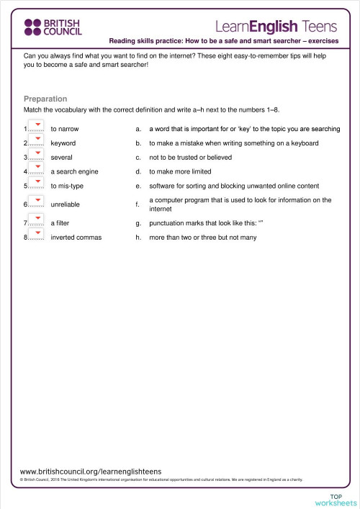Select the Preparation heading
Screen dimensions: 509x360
tap(45, 99)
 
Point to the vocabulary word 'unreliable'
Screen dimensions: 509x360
tap(66, 204)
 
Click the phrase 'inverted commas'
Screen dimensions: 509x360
tap(76, 238)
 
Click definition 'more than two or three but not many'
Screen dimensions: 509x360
tap(202, 238)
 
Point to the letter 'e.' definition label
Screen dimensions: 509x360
tap(138, 186)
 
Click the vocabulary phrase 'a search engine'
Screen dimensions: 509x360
tap(74, 172)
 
